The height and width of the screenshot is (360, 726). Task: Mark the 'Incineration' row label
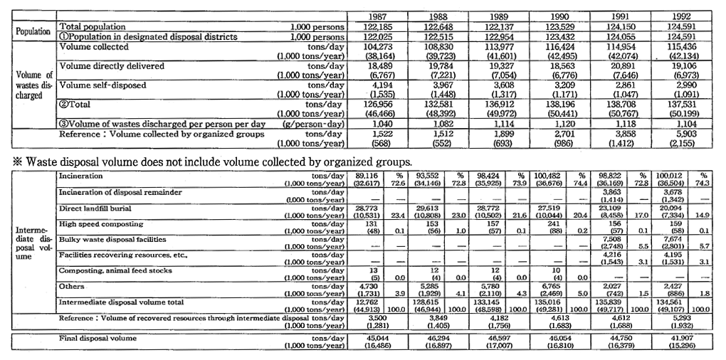tap(81, 174)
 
